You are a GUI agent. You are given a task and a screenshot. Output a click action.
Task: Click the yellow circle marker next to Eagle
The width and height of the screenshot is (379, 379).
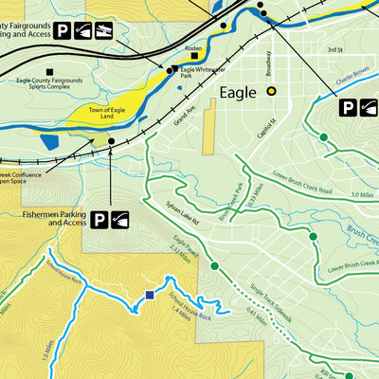(272, 92)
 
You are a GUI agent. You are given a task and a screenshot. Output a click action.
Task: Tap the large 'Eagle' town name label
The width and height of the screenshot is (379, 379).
(238, 93)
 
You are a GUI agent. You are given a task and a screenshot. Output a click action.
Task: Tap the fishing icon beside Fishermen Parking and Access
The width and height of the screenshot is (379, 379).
(120, 221)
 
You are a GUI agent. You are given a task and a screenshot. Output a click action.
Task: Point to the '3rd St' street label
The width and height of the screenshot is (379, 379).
(334, 49)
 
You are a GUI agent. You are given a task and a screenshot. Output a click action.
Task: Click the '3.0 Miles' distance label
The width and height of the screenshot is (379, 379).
(359, 194)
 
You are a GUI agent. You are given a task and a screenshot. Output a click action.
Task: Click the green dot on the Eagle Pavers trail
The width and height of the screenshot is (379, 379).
(214, 265)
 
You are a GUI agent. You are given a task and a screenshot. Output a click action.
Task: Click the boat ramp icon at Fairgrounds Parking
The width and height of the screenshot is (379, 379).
(83, 31)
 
